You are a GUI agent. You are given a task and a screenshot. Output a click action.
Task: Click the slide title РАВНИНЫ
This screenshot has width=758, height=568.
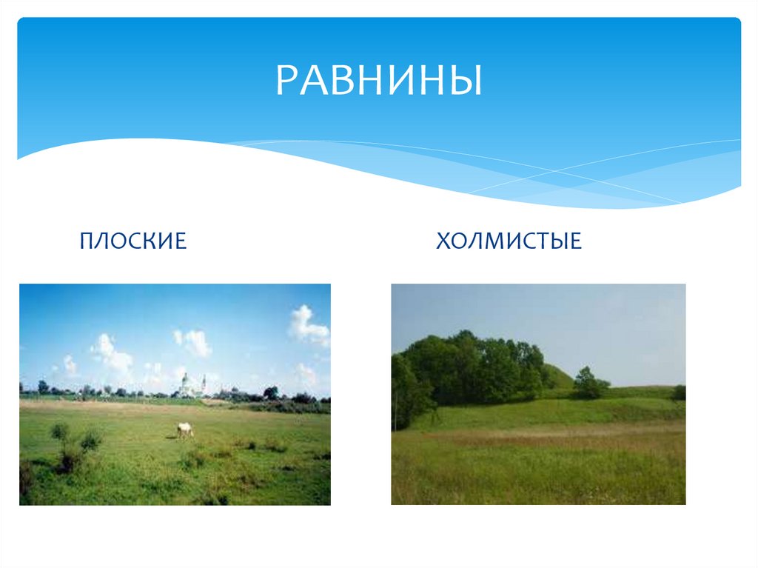click(378, 80)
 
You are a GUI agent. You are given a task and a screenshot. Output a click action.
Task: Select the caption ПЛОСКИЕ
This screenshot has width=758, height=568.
click(133, 241)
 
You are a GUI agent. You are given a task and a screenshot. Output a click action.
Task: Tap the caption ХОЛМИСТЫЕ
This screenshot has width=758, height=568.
click(509, 241)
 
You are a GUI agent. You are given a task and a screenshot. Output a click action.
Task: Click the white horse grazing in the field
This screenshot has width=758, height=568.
click(185, 430)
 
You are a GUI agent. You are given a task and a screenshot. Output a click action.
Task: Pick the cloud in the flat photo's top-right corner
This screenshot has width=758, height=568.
click(307, 326)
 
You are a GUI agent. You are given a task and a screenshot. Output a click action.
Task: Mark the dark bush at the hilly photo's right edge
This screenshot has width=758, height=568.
click(679, 392)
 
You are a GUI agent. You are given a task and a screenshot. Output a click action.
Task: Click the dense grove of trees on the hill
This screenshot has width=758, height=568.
click(474, 367)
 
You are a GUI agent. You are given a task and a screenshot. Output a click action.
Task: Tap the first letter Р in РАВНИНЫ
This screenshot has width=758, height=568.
click(286, 80)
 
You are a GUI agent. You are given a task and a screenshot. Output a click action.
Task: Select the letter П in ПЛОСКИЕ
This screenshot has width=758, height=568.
click(88, 241)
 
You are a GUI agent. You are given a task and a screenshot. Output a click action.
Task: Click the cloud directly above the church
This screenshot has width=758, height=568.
click(194, 342)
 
